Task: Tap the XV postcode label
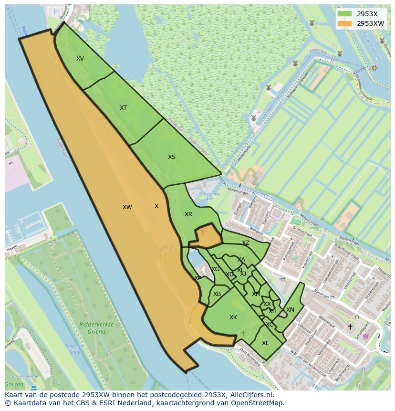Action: click(x=80, y=59)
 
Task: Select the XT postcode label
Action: click(x=123, y=108)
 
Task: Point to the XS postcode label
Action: click(x=172, y=157)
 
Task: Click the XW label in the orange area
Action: click(x=127, y=207)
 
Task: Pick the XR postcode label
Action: click(x=188, y=214)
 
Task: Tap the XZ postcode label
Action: click(x=245, y=243)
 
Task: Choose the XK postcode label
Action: click(x=233, y=317)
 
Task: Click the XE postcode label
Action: click(x=266, y=343)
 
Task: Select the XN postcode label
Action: click(x=290, y=310)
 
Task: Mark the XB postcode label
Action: click(x=217, y=294)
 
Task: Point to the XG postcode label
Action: click(x=216, y=269)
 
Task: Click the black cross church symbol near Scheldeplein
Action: click(x=350, y=327)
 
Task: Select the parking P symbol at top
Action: click(x=55, y=12)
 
